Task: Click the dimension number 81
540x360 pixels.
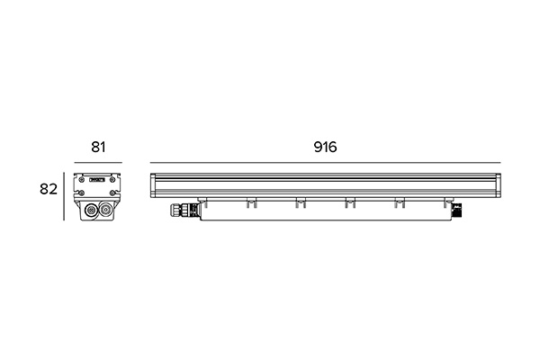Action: [98, 147]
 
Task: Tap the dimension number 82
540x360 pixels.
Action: [49, 189]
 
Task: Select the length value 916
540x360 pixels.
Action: [325, 147]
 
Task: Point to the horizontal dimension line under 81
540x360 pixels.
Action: [98, 162]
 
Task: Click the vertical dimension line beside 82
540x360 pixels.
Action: [64, 196]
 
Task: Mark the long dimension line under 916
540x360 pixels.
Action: [326, 162]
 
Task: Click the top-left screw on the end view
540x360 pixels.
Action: [82, 180]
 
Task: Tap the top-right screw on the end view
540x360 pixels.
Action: [112, 180]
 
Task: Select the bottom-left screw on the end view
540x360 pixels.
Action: [82, 193]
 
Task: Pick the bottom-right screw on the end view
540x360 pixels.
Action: [112, 193]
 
